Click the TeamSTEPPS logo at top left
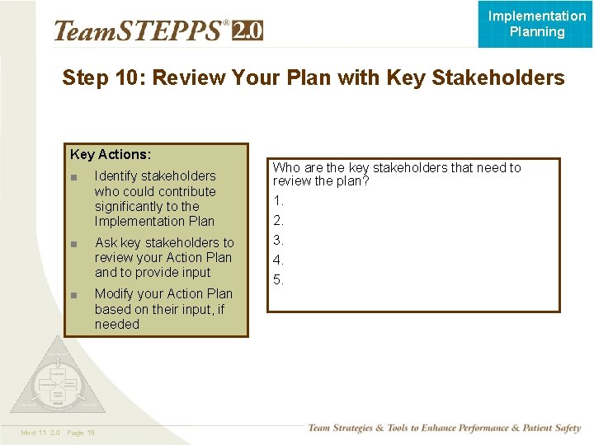click(x=139, y=30)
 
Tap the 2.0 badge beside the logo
click(x=247, y=30)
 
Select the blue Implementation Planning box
click(x=536, y=24)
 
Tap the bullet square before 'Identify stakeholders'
click(x=74, y=176)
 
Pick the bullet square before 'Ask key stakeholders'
click(x=74, y=243)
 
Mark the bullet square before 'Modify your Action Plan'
click(x=74, y=294)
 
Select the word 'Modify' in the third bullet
click(x=115, y=293)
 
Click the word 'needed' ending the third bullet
click(x=116, y=324)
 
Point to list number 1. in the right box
click(x=279, y=200)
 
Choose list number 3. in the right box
click(x=279, y=240)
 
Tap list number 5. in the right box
click(x=279, y=279)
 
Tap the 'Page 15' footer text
click(x=81, y=433)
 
